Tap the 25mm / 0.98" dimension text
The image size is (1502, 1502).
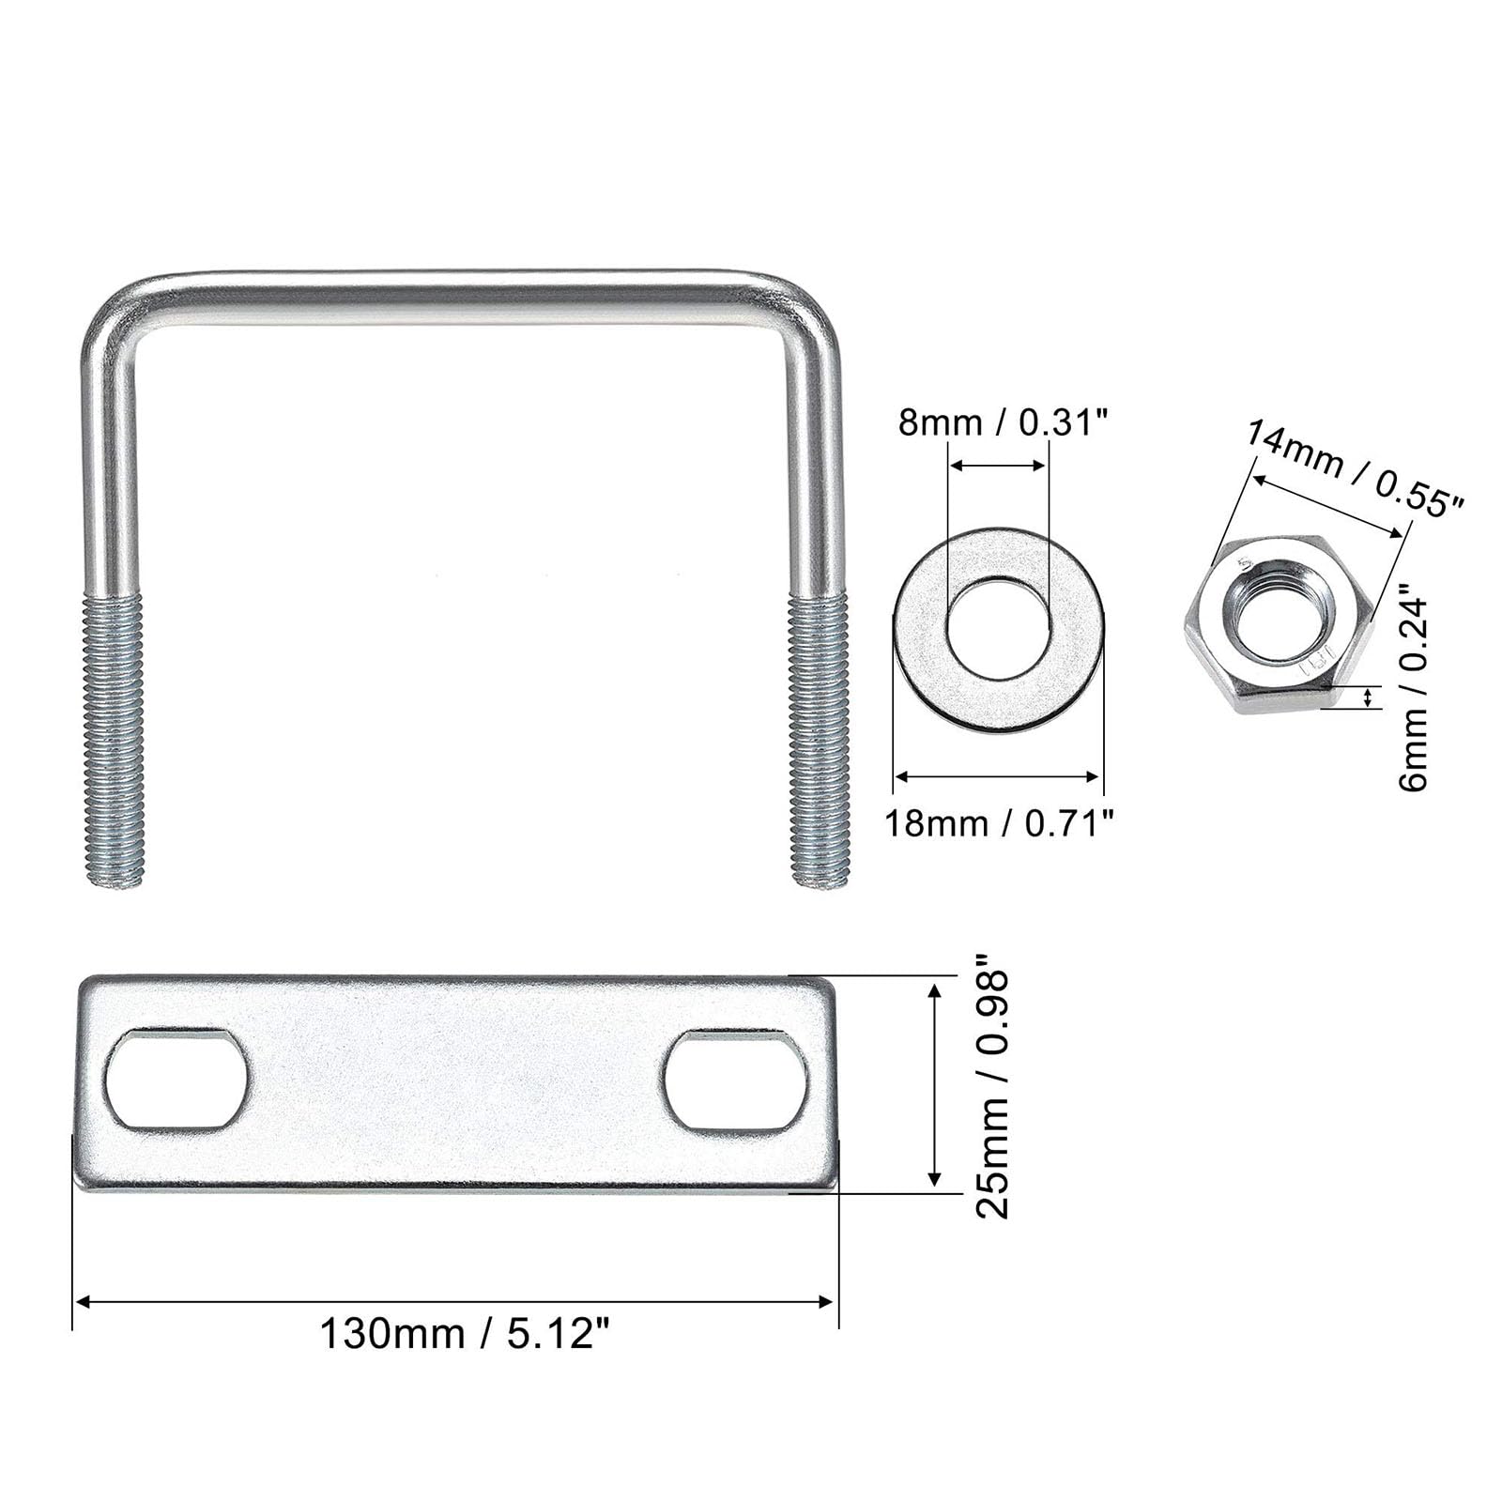(x=992, y=1086)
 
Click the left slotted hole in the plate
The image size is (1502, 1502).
(x=176, y=1079)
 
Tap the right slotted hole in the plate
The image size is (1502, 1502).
(x=736, y=1080)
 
